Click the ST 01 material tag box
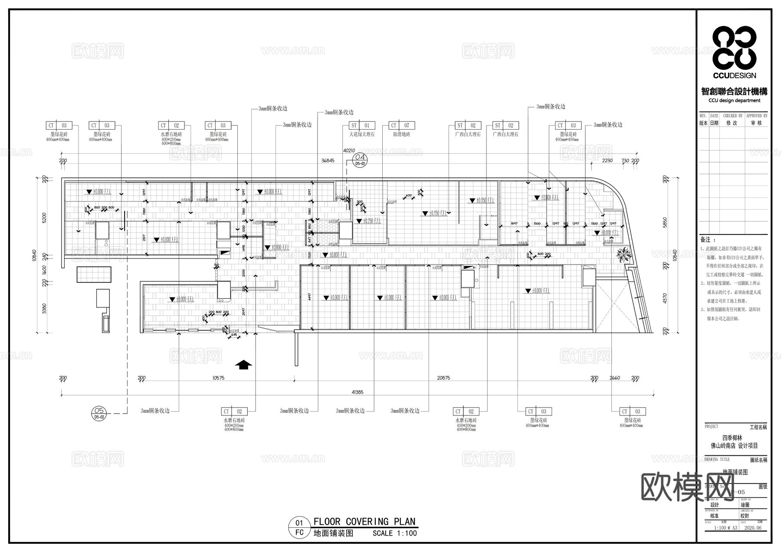click(361, 125)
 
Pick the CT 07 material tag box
click(401, 125)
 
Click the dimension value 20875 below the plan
click(443, 378)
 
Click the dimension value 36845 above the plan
click(328, 160)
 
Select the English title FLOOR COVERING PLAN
click(364, 521)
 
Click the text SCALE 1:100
click(394, 533)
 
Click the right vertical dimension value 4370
click(665, 299)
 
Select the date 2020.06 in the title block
click(752, 528)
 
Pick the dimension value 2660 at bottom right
click(615, 378)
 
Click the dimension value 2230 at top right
click(607, 160)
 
